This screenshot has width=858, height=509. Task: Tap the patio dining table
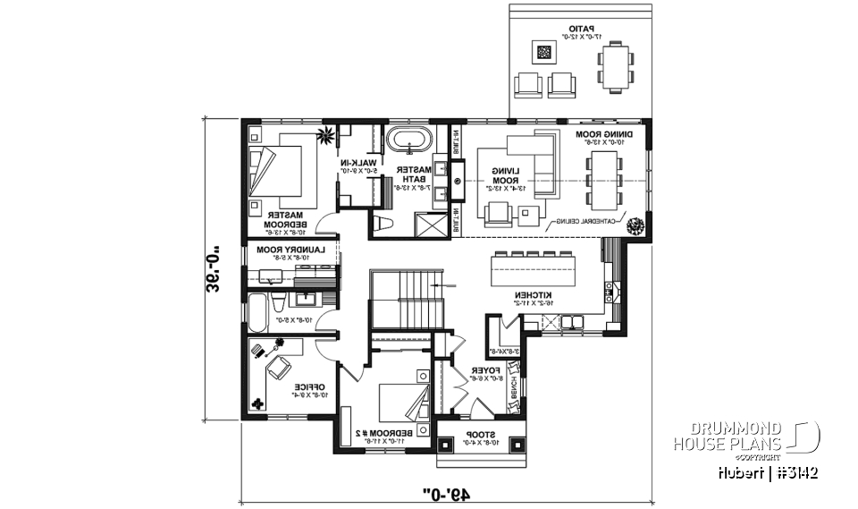tap(614, 69)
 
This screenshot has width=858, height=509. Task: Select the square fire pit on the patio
tap(544, 52)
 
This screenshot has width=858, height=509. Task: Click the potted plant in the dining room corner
tap(636, 226)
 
